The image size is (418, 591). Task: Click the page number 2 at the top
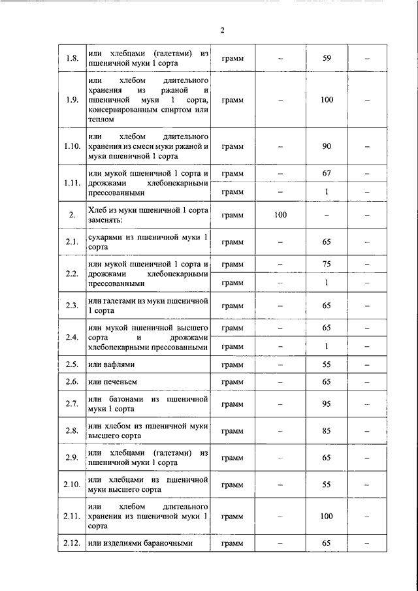(221, 30)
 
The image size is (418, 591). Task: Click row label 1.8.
(72, 59)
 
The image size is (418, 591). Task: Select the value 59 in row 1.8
(327, 59)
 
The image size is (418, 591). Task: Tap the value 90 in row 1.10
(327, 146)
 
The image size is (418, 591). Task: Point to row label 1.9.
(72, 100)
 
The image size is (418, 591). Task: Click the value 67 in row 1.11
(327, 173)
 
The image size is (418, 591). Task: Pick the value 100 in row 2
(280, 214)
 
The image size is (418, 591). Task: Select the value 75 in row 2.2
(327, 264)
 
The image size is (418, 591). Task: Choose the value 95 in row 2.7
(327, 404)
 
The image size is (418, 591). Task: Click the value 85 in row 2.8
(327, 431)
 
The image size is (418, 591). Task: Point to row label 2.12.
(72, 543)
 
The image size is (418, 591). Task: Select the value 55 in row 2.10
(327, 485)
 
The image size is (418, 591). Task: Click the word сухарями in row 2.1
(105, 236)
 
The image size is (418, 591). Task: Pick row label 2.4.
(72, 338)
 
